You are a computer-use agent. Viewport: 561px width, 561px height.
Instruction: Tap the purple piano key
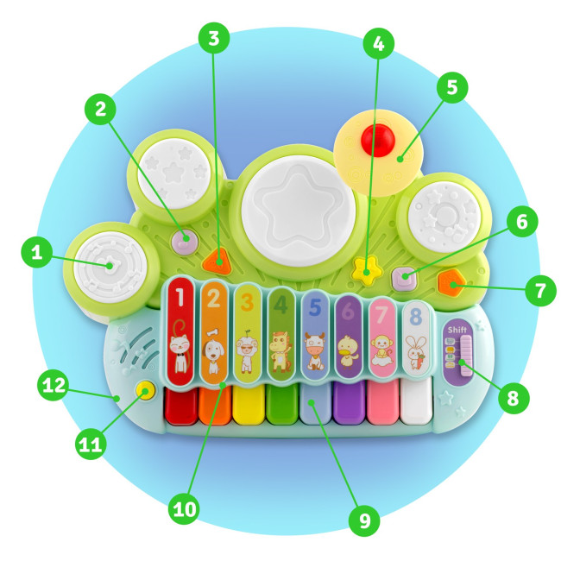[x=349, y=403]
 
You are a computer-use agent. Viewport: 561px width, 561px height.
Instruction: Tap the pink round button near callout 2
[x=184, y=240]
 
